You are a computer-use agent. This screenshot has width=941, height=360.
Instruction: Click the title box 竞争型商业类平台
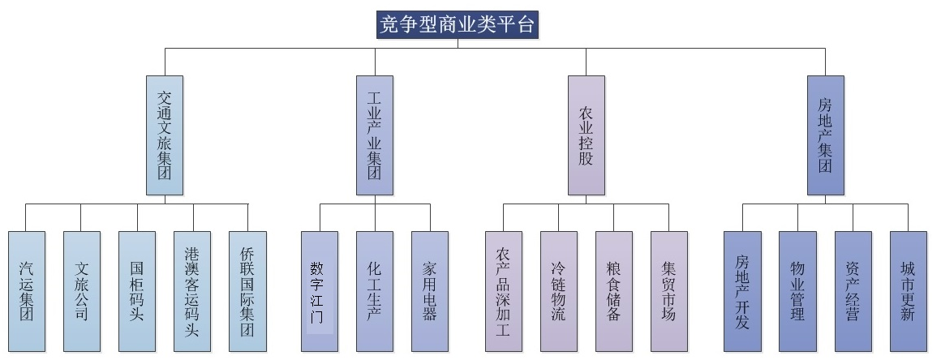point(458,24)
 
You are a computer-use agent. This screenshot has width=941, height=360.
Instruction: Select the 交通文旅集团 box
point(165,135)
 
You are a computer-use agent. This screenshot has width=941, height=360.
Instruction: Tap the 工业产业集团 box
point(375,135)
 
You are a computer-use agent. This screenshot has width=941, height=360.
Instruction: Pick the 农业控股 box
point(586,135)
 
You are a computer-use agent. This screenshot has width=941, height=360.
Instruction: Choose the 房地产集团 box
point(825,135)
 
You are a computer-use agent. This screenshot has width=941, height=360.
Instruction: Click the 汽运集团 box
point(27,291)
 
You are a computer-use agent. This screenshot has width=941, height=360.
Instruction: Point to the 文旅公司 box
point(82,291)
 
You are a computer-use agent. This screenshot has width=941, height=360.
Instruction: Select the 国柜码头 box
point(137,291)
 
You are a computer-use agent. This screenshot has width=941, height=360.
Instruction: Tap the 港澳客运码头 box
point(192,291)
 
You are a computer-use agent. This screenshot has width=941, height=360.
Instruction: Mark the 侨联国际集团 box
point(247,291)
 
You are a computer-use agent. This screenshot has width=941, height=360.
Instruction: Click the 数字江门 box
point(319,291)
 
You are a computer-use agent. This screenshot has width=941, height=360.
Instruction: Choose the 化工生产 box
point(375,291)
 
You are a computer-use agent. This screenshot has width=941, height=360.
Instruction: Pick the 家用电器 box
point(430,291)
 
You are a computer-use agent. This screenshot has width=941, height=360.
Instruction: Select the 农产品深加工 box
point(503,291)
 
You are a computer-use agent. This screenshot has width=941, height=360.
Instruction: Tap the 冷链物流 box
point(559,291)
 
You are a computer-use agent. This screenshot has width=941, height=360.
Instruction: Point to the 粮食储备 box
point(613,291)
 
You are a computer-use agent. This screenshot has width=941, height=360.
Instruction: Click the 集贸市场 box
point(669,291)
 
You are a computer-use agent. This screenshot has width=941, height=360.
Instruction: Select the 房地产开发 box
point(742,291)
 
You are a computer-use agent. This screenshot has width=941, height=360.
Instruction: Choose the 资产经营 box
point(853,291)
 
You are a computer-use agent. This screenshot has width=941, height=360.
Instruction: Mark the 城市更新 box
point(908,291)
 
